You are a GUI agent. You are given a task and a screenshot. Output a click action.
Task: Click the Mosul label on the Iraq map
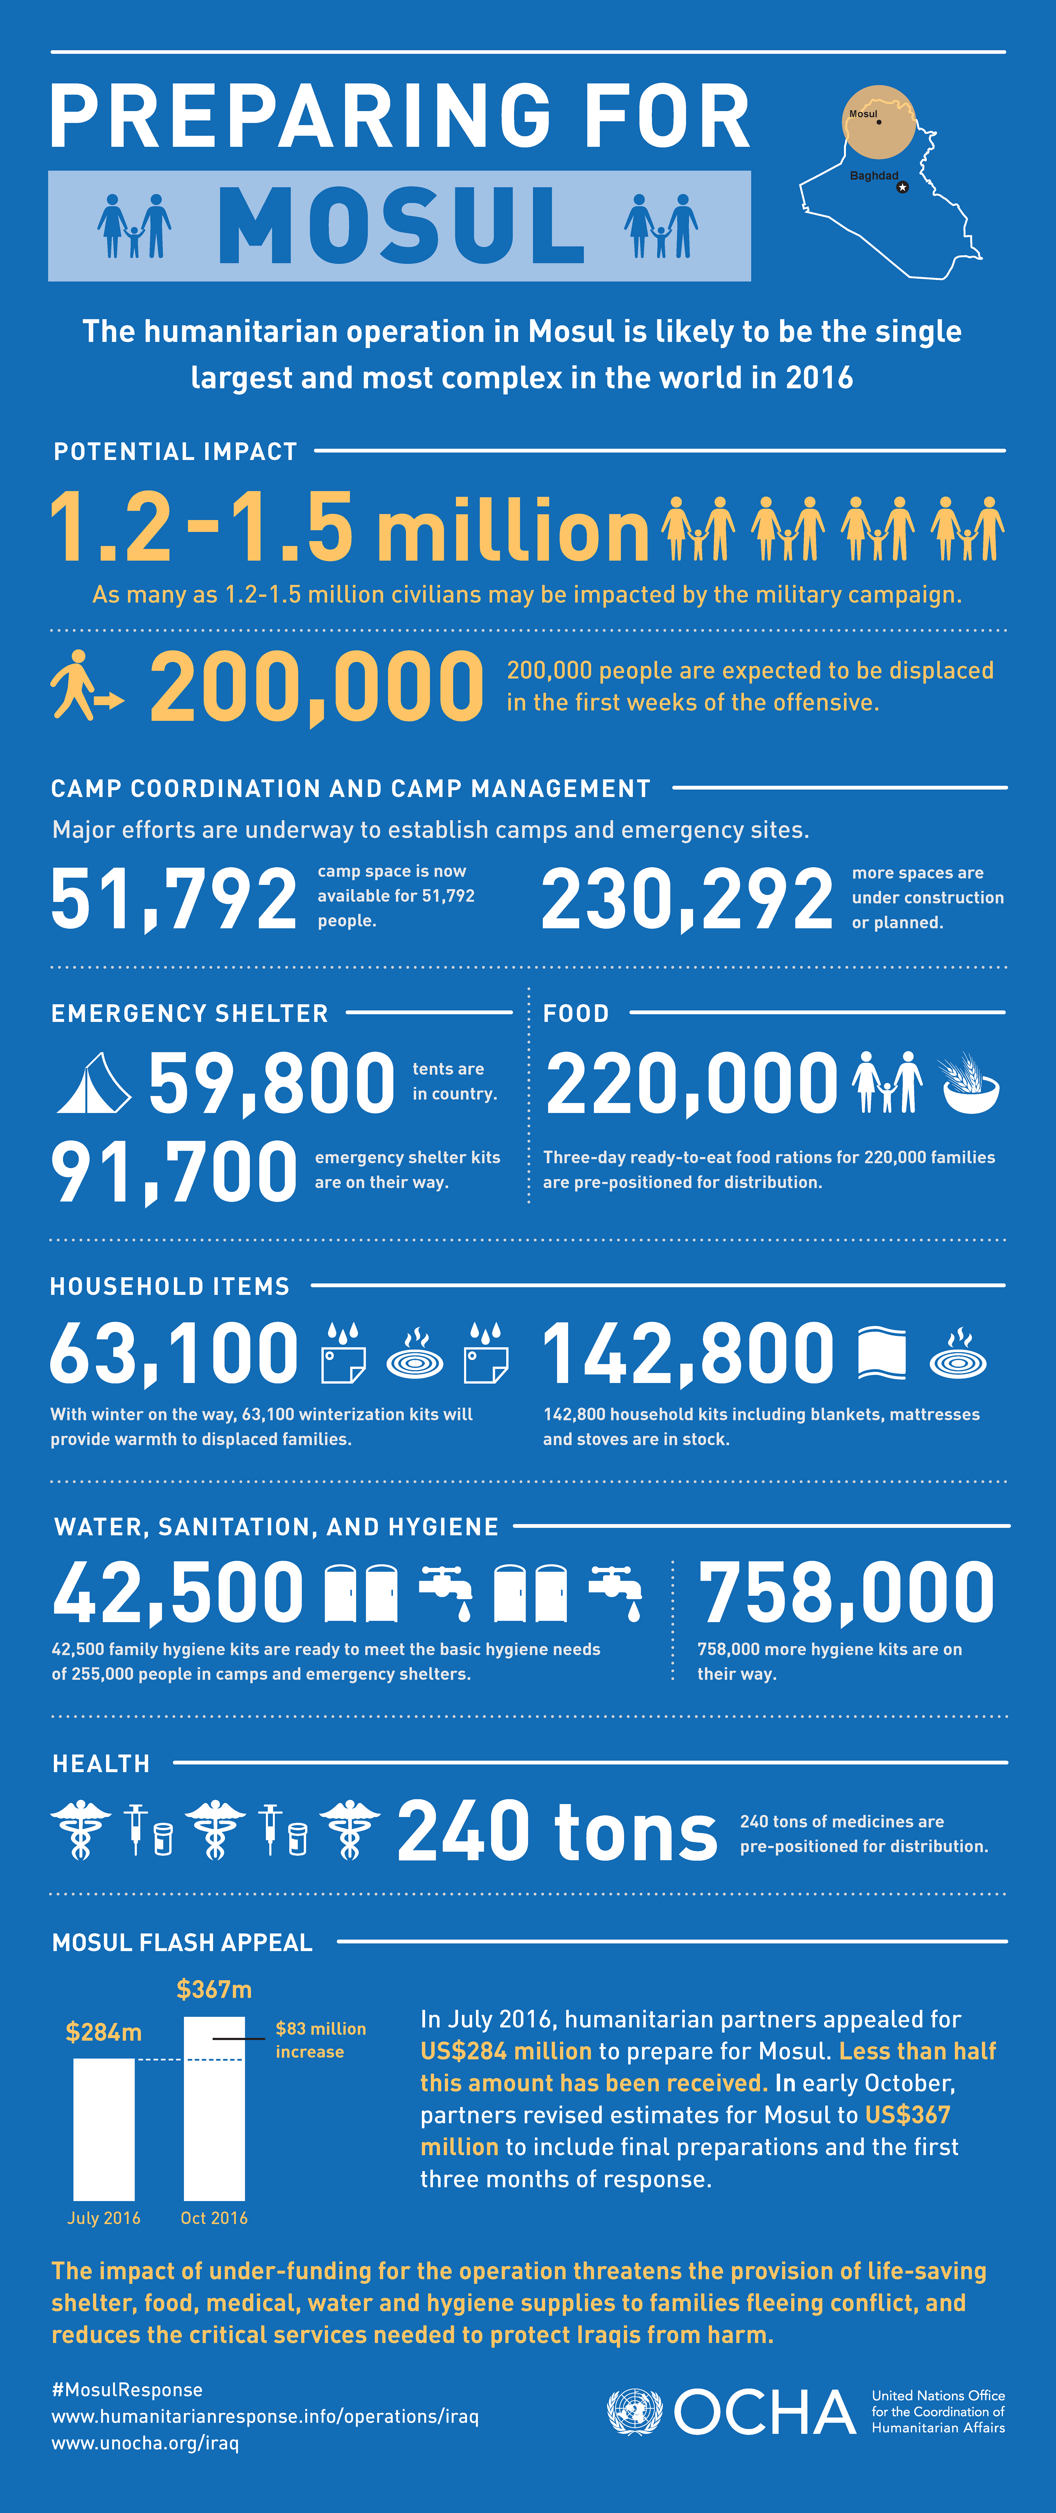[863, 114]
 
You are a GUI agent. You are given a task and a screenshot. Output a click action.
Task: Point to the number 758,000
[846, 1592]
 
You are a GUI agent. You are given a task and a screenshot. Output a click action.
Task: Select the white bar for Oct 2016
[214, 2107]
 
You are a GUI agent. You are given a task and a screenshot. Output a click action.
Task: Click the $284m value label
[103, 2032]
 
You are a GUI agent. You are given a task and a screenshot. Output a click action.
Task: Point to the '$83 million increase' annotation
[320, 2040]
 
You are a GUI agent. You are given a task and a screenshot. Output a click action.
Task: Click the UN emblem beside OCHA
[634, 2412]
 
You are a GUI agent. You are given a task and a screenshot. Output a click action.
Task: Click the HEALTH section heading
[101, 1764]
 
